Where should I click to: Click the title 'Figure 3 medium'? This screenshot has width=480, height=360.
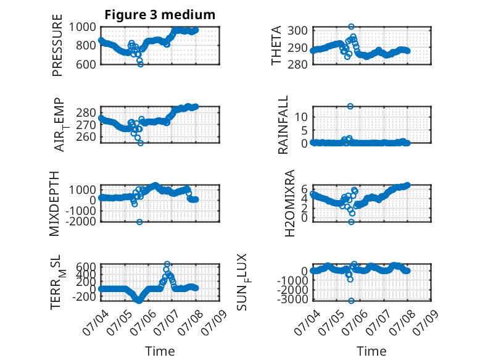pos(160,15)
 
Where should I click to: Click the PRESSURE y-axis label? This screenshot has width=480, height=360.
pos(57,45)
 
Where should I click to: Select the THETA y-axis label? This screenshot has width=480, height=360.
pos(276,45)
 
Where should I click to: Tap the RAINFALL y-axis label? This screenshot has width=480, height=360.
pos(283,125)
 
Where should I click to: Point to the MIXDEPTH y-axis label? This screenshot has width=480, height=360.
pos(54,204)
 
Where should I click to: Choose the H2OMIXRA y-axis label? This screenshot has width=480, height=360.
pos(289,203)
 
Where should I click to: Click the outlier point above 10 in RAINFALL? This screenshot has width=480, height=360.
pos(350,106)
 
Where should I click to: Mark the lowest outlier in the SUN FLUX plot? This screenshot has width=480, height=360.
pos(351,301)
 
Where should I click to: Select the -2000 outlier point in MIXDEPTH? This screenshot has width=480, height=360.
pos(139,222)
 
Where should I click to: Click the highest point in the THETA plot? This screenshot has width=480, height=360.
pos(351,27)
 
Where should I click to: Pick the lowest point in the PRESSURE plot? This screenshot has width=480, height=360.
pos(141,64)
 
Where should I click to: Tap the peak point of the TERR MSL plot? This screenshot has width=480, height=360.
pos(167,264)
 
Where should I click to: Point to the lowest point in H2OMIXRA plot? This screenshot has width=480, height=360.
pos(351,222)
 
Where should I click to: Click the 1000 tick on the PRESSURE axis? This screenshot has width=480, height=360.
pos(82,27)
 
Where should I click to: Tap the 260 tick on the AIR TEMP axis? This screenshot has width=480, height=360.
pos(86,136)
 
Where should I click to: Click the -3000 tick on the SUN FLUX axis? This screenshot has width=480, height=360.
pos(292,299)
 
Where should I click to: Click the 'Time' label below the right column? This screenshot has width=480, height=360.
pos(371,351)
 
